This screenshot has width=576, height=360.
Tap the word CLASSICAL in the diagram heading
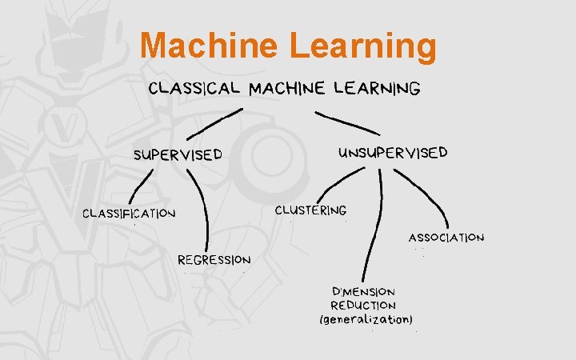[194, 88]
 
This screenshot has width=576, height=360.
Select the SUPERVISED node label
[177, 154]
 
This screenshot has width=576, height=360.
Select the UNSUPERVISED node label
[394, 152]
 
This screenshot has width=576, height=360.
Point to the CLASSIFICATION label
[129, 214]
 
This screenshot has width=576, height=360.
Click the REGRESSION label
[214, 260]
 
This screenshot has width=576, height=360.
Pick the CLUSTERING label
[310, 210]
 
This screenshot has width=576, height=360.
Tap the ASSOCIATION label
[446, 238]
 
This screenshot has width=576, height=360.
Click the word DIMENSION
[363, 291]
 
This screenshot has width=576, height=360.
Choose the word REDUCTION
[363, 305]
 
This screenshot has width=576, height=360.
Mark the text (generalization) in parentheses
[366, 320]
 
